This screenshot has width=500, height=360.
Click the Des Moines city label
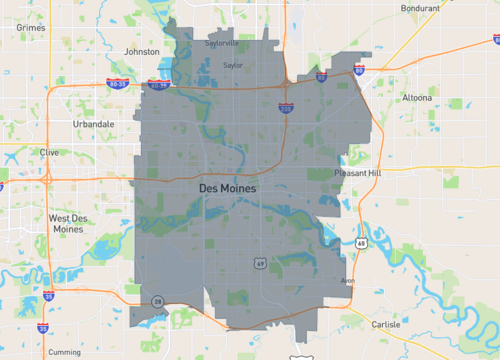pyautogui.click(x=228, y=188)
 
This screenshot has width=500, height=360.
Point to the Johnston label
pyautogui.click(x=140, y=51)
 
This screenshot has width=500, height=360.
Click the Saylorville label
pyautogui.click(x=222, y=44)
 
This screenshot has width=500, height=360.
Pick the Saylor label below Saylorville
pyautogui.click(x=233, y=65)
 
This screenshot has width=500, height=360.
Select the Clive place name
pyautogui.click(x=49, y=152)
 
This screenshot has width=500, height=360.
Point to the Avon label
pyautogui.click(x=348, y=280)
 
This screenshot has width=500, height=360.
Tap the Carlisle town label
pyautogui.click(x=385, y=324)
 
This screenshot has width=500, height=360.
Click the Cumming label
pyautogui.click(x=64, y=352)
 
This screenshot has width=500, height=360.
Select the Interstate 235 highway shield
pyautogui.click(x=286, y=108)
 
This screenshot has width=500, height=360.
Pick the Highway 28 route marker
pyautogui.click(x=157, y=300)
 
